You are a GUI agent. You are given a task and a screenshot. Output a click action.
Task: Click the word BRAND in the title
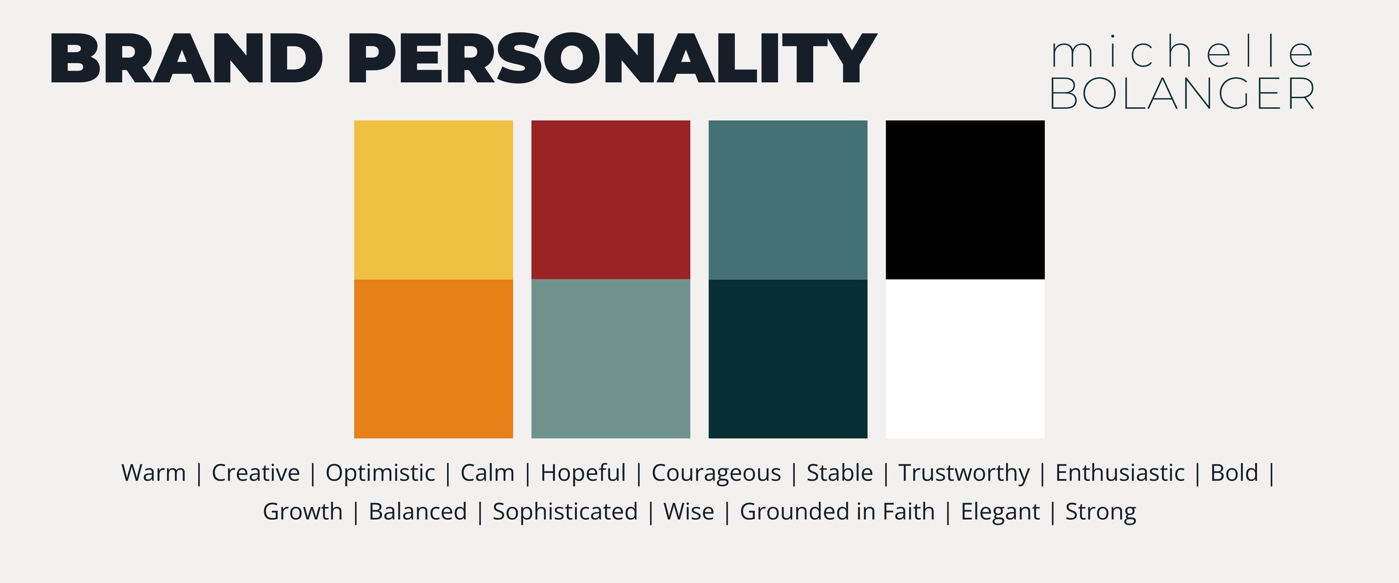coord(186,58)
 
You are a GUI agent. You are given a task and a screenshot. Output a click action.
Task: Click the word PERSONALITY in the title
coord(612,58)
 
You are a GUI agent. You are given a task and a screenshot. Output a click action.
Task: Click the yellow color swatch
coord(433,200)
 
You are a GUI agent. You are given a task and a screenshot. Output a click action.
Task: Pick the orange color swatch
coord(433,359)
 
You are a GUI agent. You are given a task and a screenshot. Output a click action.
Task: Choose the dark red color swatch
coord(611,200)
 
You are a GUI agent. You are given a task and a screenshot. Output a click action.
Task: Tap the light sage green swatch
coord(611,359)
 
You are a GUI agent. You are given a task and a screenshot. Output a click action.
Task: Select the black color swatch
coord(965,200)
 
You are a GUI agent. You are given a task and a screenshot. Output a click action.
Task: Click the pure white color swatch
coord(965,359)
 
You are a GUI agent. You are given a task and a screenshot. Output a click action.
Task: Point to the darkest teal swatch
coord(787,359)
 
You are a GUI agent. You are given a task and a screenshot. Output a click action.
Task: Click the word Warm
coord(153,473)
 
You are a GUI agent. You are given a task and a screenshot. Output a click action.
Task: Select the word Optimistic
coord(380,473)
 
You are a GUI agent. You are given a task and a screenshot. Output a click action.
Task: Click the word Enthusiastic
coord(1120,473)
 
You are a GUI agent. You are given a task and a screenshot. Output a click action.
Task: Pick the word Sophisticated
coord(565,512)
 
